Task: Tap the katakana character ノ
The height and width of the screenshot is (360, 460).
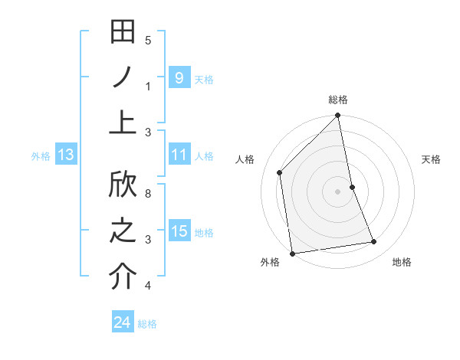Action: [123, 77]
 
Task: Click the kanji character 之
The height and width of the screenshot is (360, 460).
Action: [123, 231]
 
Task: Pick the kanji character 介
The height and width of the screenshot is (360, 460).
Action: [123, 276]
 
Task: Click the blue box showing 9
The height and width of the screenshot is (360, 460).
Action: [179, 77]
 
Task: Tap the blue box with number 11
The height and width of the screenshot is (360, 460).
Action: [179, 155]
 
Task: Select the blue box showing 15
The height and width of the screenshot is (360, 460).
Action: [179, 231]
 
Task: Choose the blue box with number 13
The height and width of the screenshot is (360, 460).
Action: [65, 155]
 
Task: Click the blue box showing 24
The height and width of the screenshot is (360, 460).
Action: [122, 322]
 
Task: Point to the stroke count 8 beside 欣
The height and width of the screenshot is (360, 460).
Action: [148, 194]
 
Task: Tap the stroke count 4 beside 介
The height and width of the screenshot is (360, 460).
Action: [148, 286]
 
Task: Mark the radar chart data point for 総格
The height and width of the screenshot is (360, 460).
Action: [338, 116]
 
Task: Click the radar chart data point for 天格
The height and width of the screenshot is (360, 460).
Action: [352, 187]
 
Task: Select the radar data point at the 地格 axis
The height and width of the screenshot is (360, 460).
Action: [374, 242]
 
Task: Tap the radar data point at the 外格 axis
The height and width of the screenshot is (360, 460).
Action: [292, 254]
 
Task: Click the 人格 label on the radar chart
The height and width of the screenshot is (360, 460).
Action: [245, 160]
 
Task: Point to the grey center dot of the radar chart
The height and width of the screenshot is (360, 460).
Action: [338, 191]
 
